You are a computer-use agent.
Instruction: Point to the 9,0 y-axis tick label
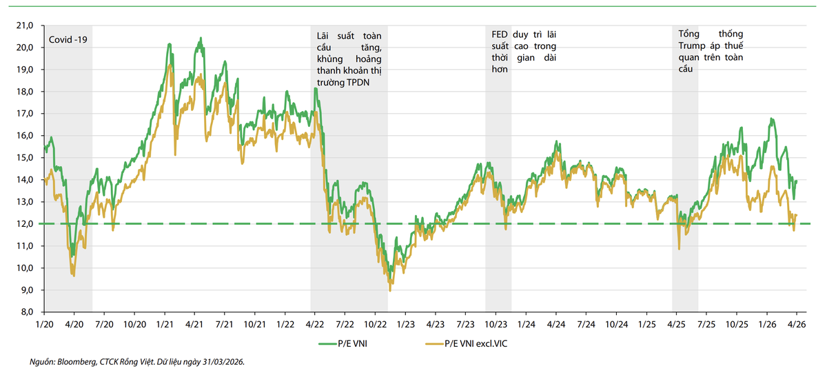pyautogui.click(x=25, y=290)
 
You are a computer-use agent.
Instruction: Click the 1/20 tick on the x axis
pyautogui.click(x=44, y=323)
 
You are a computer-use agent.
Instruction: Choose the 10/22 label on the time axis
pyautogui.click(x=375, y=323)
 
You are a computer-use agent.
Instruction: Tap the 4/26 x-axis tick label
pyautogui.click(x=797, y=323)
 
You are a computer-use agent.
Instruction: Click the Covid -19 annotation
pyautogui.click(x=68, y=39)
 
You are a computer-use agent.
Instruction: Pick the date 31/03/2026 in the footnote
pyautogui.click(x=222, y=361)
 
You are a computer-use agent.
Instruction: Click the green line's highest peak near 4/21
pyautogui.click(x=200, y=39)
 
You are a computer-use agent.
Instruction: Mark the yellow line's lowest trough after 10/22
pyautogui.click(x=390, y=290)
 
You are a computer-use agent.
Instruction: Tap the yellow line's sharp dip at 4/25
pyautogui.click(x=680, y=248)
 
